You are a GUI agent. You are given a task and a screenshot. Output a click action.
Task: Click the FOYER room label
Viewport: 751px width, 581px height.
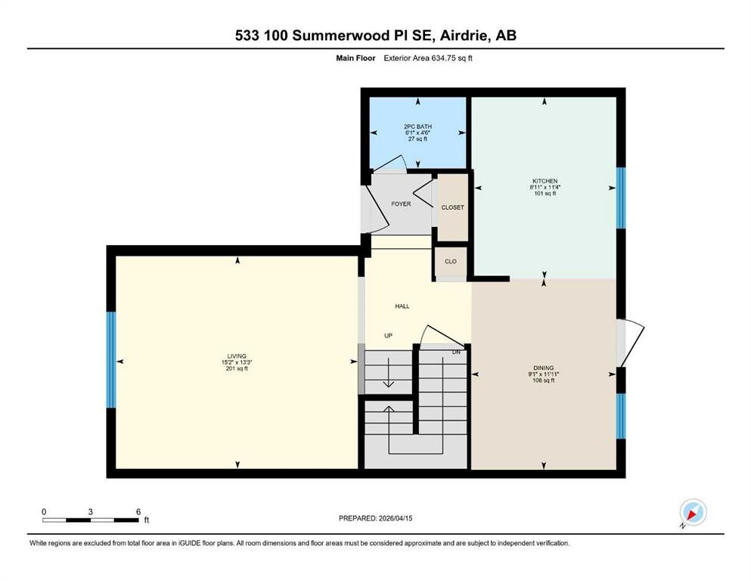point(401,204)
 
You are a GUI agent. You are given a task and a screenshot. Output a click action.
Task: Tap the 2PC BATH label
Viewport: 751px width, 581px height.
point(417,126)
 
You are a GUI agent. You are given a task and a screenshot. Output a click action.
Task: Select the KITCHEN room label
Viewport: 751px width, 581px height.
point(545,181)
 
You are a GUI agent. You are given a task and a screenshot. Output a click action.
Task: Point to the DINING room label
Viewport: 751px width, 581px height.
point(544,368)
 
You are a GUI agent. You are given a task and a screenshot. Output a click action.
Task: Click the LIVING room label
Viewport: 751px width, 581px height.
point(237,356)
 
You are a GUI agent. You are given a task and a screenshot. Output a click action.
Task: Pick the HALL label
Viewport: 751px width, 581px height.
point(402,306)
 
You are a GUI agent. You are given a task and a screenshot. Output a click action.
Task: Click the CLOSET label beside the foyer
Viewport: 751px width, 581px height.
point(452,207)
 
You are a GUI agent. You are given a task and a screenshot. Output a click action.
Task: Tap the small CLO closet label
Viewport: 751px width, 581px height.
point(451,262)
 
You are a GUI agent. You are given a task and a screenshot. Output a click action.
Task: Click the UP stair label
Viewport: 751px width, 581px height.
point(389,336)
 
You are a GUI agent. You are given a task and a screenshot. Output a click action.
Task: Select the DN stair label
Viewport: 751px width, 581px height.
point(457,352)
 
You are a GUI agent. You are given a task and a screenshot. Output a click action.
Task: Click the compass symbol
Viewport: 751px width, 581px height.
point(693,512)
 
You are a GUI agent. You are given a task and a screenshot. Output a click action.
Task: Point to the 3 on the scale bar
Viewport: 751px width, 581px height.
point(91,511)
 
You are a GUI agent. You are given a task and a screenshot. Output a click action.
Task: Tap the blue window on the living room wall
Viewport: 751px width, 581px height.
point(111,359)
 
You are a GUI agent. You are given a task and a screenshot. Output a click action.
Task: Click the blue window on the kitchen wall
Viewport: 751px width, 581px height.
point(621,197)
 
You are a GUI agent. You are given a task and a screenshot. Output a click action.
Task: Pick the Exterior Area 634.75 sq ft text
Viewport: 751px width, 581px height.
point(428,58)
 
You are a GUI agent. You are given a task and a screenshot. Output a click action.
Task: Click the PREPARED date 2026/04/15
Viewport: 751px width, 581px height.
point(395,518)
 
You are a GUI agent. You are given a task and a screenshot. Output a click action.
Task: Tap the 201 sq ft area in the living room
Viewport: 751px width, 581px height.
point(237,368)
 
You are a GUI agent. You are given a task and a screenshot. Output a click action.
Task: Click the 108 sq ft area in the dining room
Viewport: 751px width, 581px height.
point(544,381)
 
